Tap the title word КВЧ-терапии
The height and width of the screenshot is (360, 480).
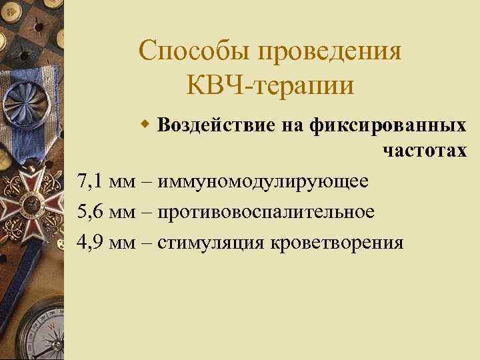[x=271, y=87]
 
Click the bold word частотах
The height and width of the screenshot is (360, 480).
[x=425, y=151]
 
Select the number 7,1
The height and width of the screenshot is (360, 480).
[x=91, y=181]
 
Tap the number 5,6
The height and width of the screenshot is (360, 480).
[x=91, y=211]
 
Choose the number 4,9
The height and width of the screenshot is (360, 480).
[x=91, y=241]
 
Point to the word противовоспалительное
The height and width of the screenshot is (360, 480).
[x=266, y=211]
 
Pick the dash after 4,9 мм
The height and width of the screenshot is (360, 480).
[x=147, y=242]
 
